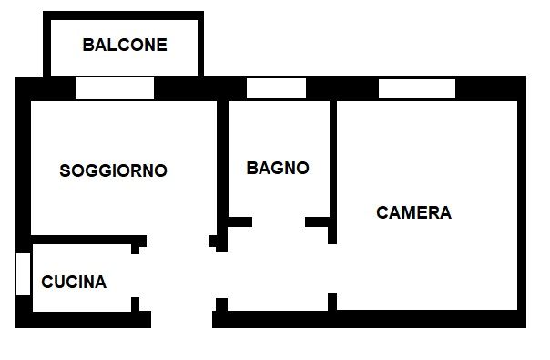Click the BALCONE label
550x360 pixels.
(x=125, y=45)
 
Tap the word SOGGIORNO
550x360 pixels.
(x=113, y=170)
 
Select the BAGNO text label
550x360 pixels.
(x=278, y=168)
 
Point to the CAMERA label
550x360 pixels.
(x=413, y=213)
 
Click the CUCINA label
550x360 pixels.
(x=74, y=283)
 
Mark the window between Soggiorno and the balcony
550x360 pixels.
(x=115, y=88)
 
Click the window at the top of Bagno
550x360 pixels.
(x=276, y=88)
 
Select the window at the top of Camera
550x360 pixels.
(x=416, y=88)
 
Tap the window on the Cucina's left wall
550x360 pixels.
(x=24, y=273)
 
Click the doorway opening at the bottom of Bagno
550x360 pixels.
(x=279, y=221)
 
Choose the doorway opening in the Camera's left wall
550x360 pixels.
(x=332, y=269)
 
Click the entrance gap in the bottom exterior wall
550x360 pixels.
(x=182, y=319)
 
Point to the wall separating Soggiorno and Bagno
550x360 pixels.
(x=221, y=164)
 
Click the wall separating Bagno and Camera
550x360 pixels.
(x=332, y=164)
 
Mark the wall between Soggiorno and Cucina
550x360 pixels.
(x=82, y=240)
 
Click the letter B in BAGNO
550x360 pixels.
(x=252, y=168)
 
